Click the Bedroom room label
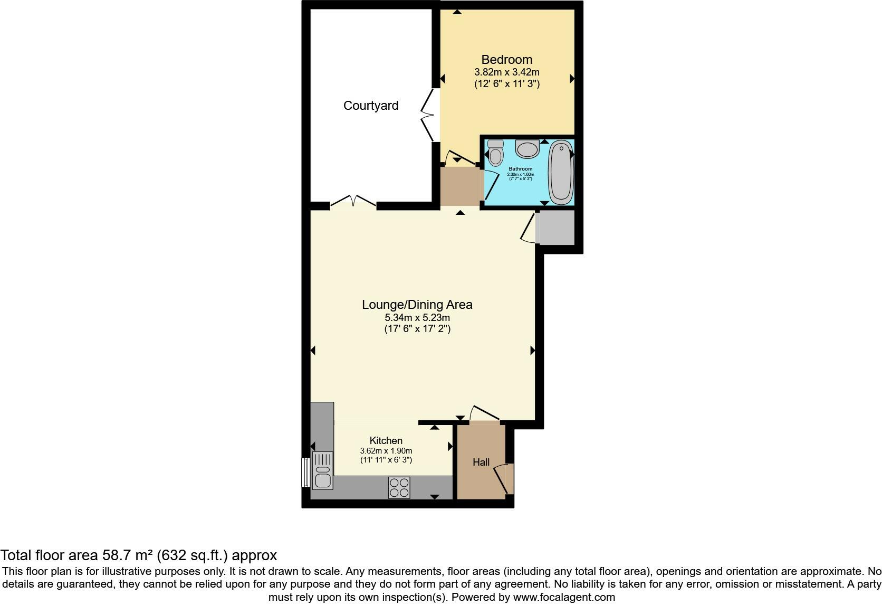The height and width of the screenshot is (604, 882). pyautogui.click(x=506, y=60)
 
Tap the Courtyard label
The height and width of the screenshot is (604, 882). pyautogui.click(x=370, y=106)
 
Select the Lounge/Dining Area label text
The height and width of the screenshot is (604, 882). pyautogui.click(x=417, y=305)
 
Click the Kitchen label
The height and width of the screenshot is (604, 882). pyautogui.click(x=386, y=440)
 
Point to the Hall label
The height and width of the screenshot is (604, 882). pyautogui.click(x=481, y=463)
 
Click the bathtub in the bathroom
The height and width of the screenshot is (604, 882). pyautogui.click(x=561, y=173)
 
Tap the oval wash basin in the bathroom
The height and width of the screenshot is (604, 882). pyautogui.click(x=527, y=149)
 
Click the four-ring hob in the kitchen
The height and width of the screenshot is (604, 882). pyautogui.click(x=399, y=487)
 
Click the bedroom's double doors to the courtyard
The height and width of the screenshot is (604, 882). pyautogui.click(x=428, y=115)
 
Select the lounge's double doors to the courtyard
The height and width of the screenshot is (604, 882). pyautogui.click(x=353, y=202)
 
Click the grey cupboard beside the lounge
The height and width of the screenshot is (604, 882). pyautogui.click(x=555, y=227)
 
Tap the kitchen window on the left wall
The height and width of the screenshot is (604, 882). pyautogui.click(x=304, y=472)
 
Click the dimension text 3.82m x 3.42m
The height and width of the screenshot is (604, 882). pyautogui.click(x=506, y=72)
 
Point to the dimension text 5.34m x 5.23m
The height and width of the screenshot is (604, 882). pyautogui.click(x=417, y=318)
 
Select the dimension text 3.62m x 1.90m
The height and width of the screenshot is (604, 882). pyautogui.click(x=386, y=451)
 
